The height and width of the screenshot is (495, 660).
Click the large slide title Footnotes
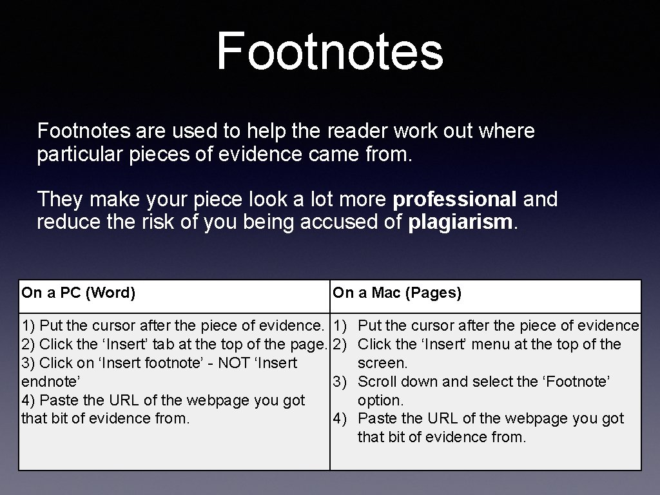(329, 51)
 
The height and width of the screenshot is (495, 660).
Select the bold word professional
(454, 199)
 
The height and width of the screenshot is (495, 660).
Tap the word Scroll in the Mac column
(376, 382)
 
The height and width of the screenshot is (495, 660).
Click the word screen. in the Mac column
(383, 363)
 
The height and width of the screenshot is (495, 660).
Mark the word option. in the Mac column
(380, 400)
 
